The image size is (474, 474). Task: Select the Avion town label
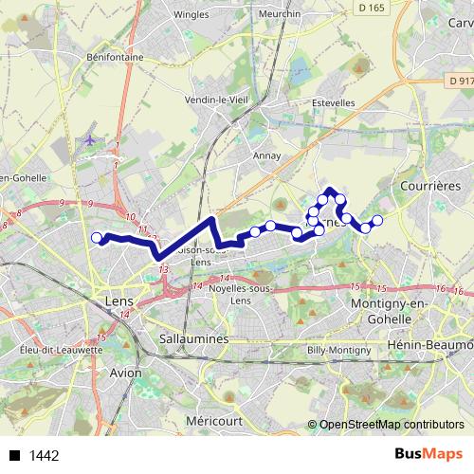pos(126,373)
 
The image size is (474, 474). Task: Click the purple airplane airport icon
pos(91,139)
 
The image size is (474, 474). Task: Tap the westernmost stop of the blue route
pos(96,238)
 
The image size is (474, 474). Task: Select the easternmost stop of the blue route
pos(377,220)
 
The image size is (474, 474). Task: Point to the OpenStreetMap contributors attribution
pos(391,426)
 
